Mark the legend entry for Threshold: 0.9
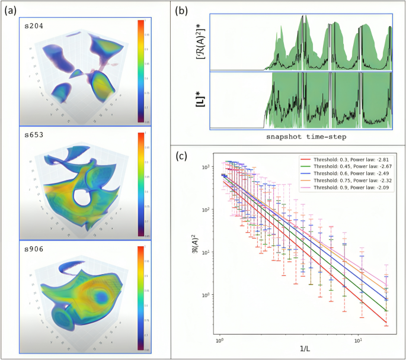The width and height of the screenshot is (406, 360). tap(334, 192)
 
